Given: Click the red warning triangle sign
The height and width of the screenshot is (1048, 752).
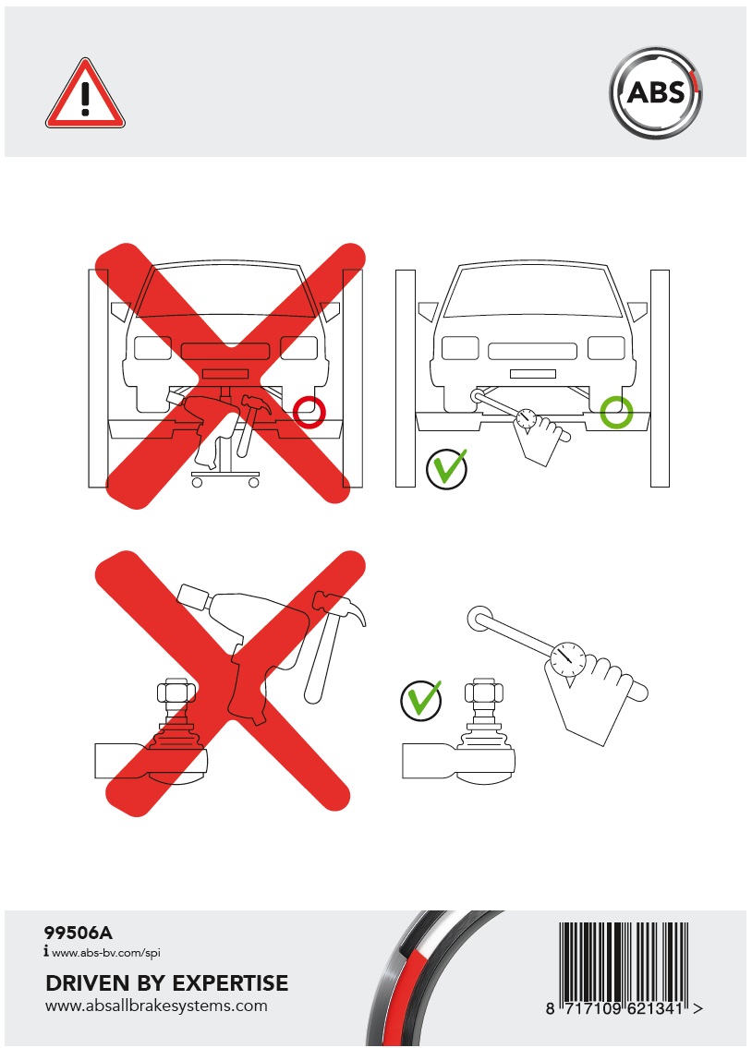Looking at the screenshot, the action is pos(85,95).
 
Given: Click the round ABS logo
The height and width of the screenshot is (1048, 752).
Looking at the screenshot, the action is pos(656,92).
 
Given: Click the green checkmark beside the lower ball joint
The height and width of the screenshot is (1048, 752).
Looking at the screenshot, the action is pos(421,699).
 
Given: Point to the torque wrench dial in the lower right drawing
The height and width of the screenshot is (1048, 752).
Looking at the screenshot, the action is pos(568,658).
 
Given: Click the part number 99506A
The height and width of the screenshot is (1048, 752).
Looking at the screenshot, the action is pos(79,933).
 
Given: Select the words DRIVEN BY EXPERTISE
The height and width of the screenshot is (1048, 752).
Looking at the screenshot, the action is pos(167,983).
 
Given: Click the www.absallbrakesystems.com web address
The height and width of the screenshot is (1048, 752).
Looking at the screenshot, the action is pos(156,1006).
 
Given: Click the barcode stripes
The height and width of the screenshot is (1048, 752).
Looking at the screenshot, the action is pos(624,960).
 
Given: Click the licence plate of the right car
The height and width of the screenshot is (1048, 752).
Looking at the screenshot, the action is pos(533,374).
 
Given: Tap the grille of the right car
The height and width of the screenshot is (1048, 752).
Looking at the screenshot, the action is pos(533,351).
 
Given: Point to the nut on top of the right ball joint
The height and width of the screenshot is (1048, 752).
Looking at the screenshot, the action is pos(483,692).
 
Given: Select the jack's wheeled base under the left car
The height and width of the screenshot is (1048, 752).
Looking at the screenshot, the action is pos(224,478).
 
